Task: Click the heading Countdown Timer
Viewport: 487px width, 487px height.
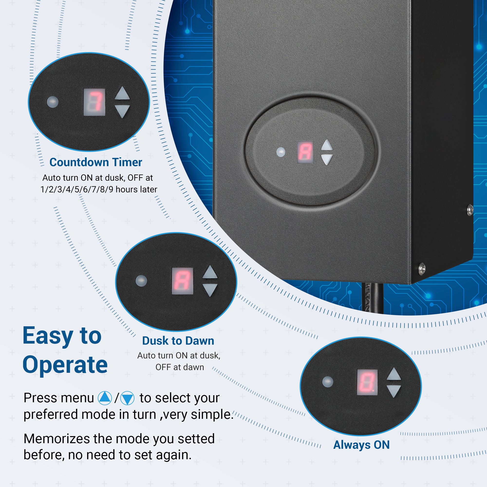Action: (95, 162)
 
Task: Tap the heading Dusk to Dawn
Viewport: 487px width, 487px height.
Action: (178, 341)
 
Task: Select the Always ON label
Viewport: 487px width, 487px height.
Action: (361, 445)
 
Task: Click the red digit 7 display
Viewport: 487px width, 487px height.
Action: (94, 102)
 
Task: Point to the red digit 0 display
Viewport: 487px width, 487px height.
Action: (367, 382)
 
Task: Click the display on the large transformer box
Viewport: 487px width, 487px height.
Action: (305, 152)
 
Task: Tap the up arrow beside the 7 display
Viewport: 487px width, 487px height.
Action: (122, 93)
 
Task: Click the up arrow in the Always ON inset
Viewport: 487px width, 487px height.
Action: (393, 374)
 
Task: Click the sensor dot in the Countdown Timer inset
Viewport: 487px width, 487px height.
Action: (53, 102)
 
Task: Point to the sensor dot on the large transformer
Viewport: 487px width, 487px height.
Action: (281, 152)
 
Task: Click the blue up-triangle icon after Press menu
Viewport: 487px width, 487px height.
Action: (105, 398)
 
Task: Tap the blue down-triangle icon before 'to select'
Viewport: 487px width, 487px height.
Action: (127, 398)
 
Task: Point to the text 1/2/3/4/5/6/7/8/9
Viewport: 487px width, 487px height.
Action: (77, 189)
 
